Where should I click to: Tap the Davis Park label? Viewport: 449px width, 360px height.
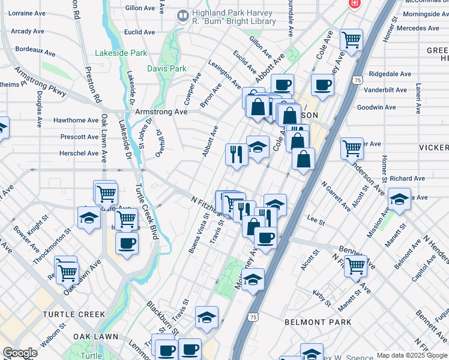point(167,68)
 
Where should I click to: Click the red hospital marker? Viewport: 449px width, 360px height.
point(355,4)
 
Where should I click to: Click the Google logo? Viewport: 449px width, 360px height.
point(20,353)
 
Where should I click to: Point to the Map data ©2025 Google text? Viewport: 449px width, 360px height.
point(411,355)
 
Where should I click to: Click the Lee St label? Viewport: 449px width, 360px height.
point(316,222)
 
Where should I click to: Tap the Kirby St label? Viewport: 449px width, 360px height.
point(322,298)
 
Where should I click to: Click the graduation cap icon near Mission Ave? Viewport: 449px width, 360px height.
point(399,199)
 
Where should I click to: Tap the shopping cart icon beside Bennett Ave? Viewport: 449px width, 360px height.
point(356,265)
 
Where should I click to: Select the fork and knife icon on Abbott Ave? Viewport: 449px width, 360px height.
point(237,155)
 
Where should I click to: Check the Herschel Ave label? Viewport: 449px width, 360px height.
point(79,154)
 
